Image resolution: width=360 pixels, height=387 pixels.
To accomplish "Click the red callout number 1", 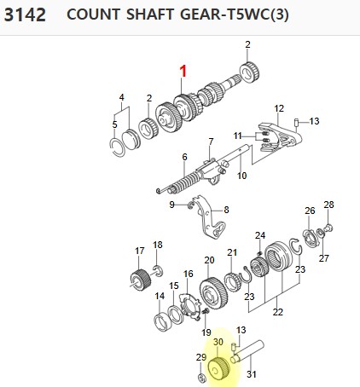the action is pos(183,71).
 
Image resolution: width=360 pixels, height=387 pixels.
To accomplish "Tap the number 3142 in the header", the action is pos(25,14).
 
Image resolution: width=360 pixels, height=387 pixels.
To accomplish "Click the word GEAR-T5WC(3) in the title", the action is pos(235,14).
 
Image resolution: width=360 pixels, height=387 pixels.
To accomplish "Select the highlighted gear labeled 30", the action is pos(219,369).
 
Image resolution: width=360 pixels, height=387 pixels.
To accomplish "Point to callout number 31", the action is pos(252,374).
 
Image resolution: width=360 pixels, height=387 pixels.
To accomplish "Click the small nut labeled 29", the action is pos(201,378).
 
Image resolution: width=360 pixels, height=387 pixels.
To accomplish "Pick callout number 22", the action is pos(278,312).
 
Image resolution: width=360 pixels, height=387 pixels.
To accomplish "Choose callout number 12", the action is pos(279,108).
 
